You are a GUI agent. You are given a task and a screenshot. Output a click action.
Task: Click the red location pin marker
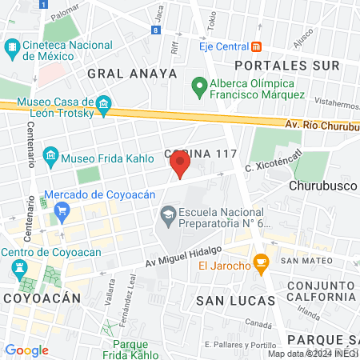point(180,165)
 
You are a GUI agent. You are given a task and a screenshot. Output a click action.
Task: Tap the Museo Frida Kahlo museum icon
point(50,154)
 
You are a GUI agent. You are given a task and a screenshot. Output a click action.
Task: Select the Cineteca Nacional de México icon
point(12,49)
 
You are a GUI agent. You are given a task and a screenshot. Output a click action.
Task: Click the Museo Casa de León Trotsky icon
point(102,105)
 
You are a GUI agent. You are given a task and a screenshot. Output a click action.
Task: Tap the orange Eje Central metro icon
point(257,46)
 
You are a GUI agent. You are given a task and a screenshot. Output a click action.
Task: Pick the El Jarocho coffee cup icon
point(259,262)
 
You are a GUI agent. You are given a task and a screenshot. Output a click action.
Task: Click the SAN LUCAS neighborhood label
point(236,300)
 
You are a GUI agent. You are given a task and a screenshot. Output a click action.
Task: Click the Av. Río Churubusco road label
point(320,125)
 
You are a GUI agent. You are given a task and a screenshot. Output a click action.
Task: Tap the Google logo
point(26,350)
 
